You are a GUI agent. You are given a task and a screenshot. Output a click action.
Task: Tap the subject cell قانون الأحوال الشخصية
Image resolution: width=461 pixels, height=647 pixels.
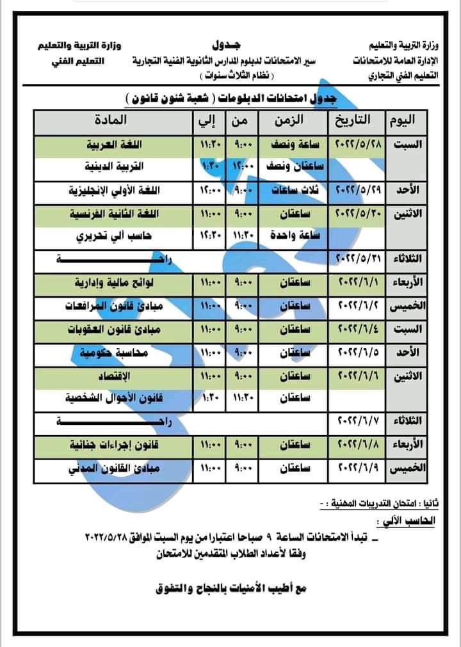pos(115,397)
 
